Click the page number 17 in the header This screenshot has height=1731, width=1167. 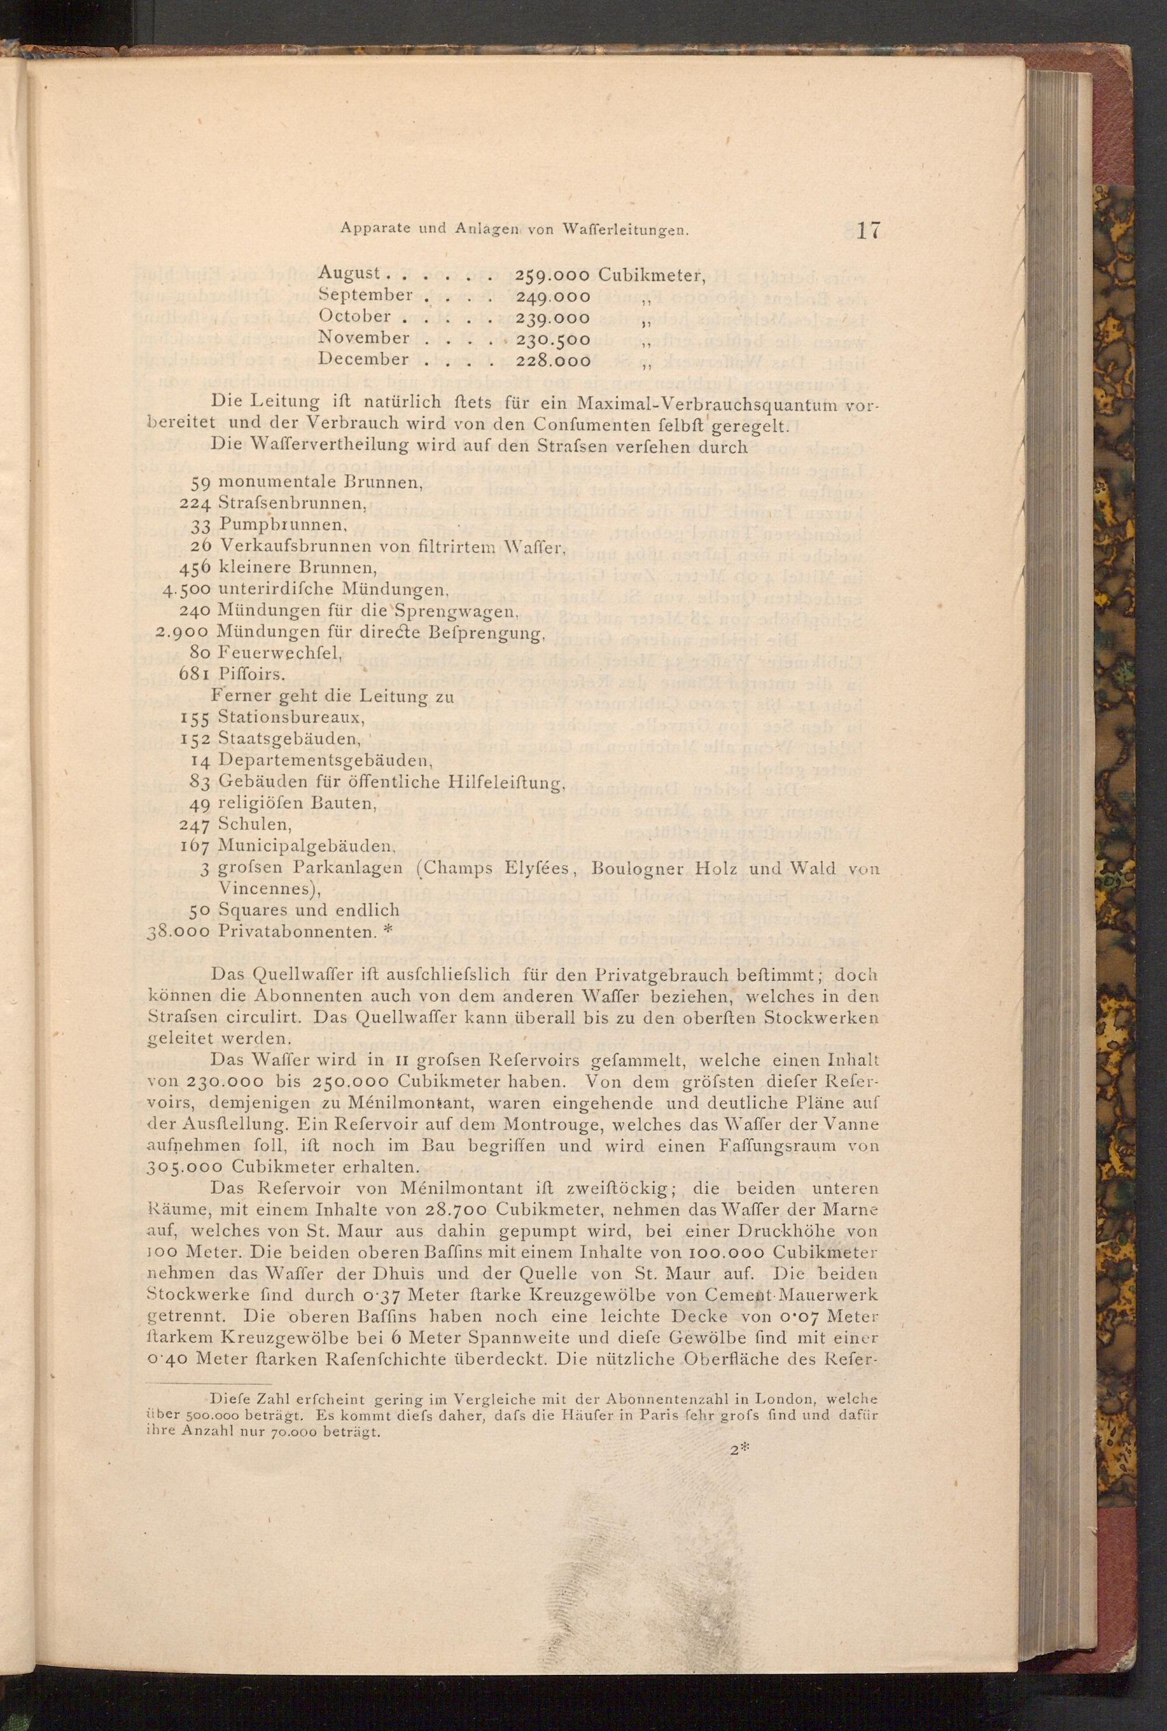868,230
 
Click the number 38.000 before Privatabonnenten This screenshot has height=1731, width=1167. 181,931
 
